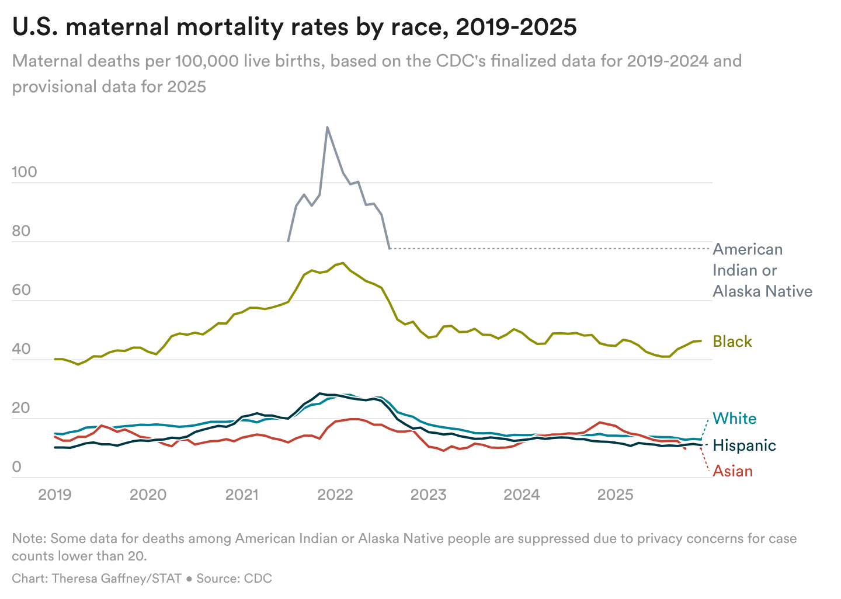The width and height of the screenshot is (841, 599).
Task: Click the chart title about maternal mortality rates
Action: (294, 27)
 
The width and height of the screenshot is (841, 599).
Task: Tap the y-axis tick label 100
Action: (24, 172)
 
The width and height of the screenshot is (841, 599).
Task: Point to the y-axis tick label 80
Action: (21, 231)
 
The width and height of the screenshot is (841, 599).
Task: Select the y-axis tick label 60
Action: (21, 290)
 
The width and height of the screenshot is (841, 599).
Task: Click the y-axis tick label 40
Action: (21, 349)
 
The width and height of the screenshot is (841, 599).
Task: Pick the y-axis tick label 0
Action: (16, 466)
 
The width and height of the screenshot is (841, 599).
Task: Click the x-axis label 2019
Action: (54, 495)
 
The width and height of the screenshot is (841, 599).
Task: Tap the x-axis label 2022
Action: (335, 495)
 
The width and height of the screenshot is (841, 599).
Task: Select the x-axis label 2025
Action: (615, 495)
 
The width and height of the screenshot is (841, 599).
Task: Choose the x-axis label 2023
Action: (428, 495)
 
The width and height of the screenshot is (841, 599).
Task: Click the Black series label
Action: (732, 342)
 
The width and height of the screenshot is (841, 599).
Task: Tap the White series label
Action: (735, 419)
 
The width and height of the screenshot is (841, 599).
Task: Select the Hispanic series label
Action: (744, 445)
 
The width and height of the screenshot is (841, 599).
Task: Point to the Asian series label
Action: (733, 471)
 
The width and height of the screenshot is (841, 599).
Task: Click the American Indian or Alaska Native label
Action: (762, 270)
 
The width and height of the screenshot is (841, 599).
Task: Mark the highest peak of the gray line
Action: (327, 127)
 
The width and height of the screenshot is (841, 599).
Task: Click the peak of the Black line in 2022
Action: (343, 263)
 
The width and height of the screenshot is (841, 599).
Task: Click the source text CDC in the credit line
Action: (258, 579)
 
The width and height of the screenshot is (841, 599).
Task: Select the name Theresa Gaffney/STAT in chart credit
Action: (116, 579)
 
